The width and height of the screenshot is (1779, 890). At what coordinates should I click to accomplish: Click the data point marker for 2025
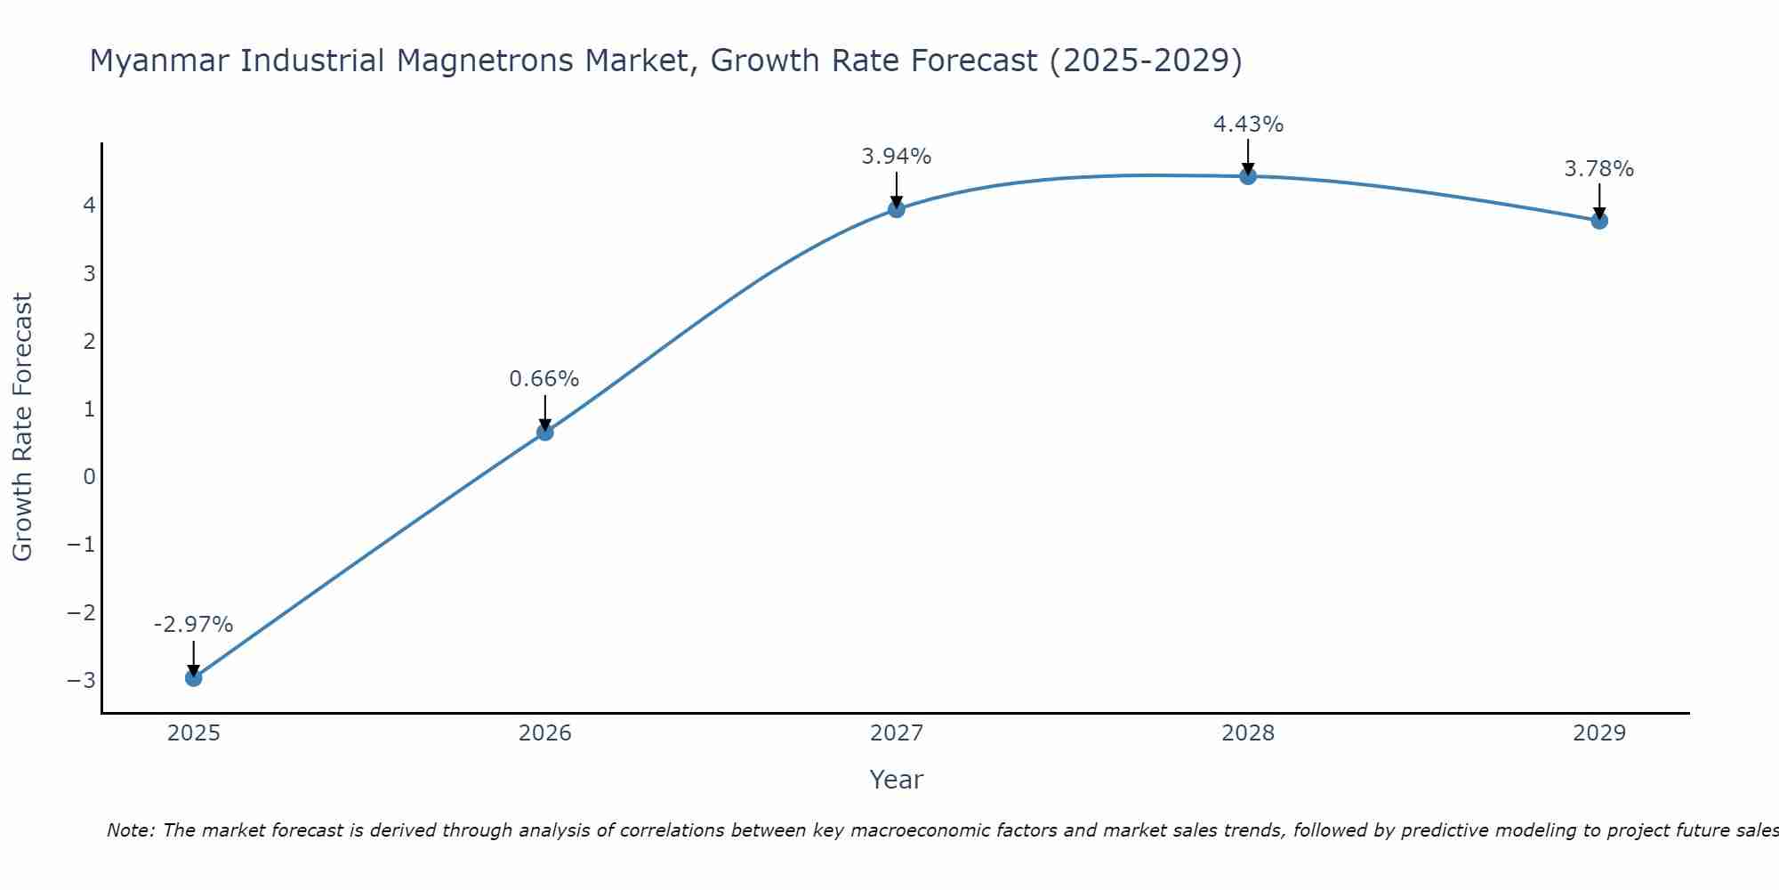[x=193, y=678]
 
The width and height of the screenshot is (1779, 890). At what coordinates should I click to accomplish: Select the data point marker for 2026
[x=544, y=433]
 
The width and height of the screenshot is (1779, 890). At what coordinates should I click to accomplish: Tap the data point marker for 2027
[x=897, y=209]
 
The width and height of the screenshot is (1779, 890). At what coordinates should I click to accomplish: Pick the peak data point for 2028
[x=1248, y=176]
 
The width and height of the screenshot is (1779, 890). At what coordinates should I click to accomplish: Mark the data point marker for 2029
[x=1599, y=221]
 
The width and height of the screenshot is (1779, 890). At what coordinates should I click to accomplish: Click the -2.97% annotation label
[x=193, y=625]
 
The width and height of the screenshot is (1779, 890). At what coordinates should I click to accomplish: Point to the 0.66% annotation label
[x=544, y=379]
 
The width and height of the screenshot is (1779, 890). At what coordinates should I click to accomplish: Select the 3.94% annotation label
[x=897, y=157]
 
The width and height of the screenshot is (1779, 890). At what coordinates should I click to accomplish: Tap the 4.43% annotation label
[x=1248, y=125]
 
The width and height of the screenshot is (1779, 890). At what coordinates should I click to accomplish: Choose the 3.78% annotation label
[x=1599, y=169]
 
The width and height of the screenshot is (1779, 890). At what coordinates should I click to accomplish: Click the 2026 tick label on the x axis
[x=544, y=733]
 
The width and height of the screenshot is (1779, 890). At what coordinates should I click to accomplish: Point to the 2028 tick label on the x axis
[x=1248, y=733]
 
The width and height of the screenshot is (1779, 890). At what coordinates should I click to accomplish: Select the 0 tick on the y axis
[x=89, y=477]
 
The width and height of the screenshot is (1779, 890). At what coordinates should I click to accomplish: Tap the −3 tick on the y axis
[x=82, y=681]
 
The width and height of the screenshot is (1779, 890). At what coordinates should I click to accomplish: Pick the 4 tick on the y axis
[x=89, y=206]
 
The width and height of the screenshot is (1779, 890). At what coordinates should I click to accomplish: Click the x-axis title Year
[x=897, y=780]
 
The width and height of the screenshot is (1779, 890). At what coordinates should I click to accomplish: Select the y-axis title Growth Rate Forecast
[x=22, y=427]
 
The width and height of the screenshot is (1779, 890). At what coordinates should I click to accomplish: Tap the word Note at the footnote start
[x=131, y=830]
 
